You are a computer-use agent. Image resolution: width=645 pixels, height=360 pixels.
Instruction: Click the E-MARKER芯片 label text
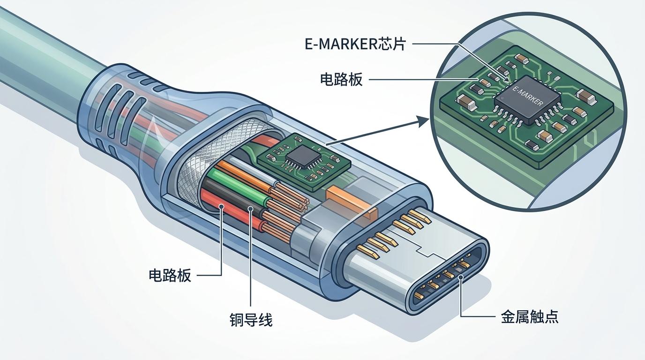coord(354,44)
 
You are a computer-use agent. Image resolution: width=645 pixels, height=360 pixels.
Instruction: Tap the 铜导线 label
coord(251,320)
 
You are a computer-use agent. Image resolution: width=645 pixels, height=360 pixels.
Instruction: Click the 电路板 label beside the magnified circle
coord(341,80)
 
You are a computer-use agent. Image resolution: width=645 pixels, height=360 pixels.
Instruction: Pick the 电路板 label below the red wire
coord(170,275)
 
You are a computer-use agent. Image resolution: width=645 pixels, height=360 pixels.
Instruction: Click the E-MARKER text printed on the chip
coord(528,96)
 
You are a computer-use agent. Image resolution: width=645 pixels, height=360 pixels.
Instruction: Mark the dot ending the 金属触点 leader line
coord(461,277)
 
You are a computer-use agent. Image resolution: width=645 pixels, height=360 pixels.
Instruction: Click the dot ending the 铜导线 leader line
coord(251,209)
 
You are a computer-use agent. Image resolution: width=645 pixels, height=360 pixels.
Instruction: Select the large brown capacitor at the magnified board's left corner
coord(463,101)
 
